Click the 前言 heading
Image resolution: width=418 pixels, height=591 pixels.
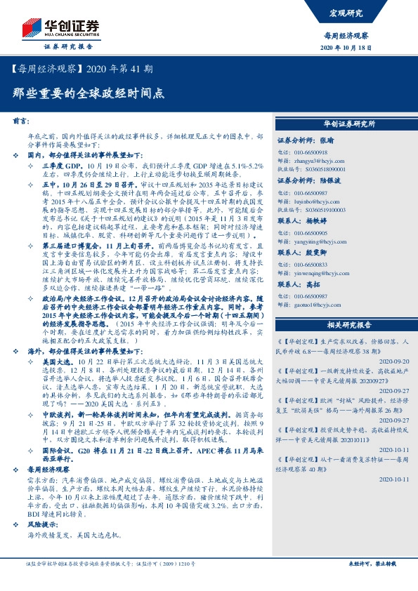(x=22, y=121)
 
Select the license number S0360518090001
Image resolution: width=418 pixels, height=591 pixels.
(x=330, y=170)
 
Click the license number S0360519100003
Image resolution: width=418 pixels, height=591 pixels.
(x=330, y=209)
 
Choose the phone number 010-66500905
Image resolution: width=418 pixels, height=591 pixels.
(x=318, y=232)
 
